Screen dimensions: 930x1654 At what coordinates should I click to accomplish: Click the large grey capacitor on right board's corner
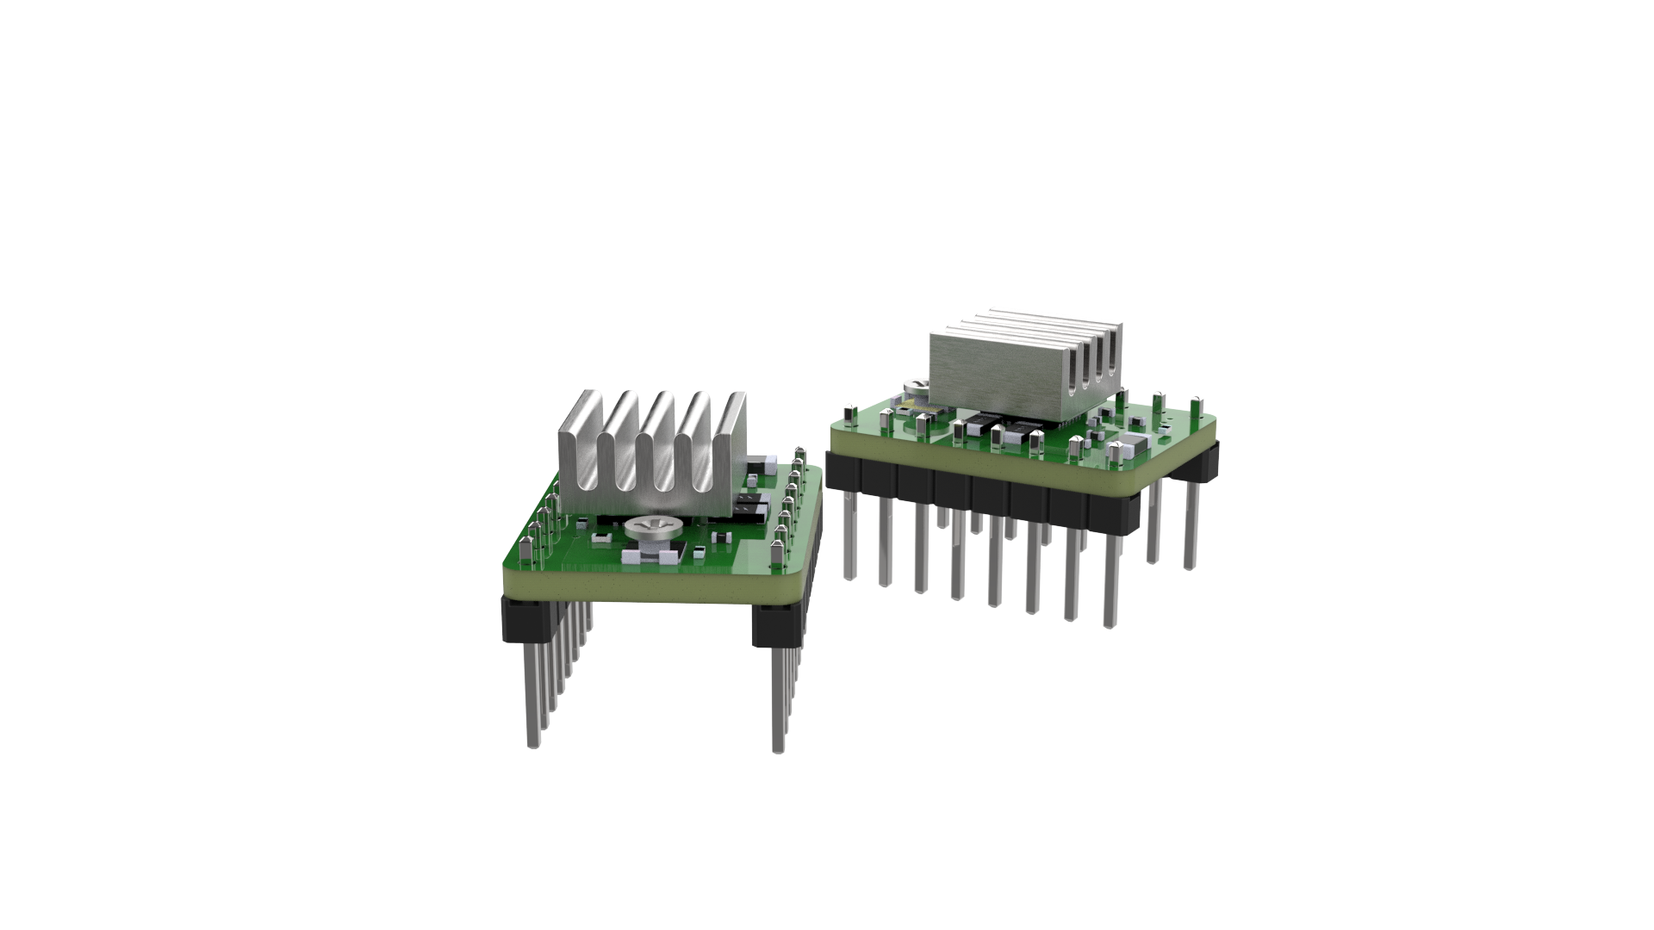(x=1133, y=447)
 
